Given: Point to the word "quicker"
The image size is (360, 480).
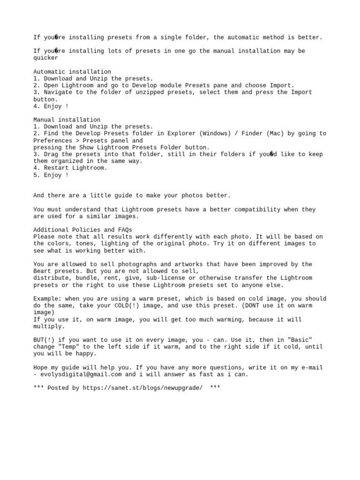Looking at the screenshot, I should pos(46,58).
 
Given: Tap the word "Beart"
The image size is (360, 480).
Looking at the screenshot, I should pos(42,271).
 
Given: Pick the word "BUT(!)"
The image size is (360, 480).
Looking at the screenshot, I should pos(44,340).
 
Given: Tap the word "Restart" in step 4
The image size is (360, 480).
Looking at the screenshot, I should pos(56,168).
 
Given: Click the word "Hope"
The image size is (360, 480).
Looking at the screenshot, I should pos(41,367).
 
